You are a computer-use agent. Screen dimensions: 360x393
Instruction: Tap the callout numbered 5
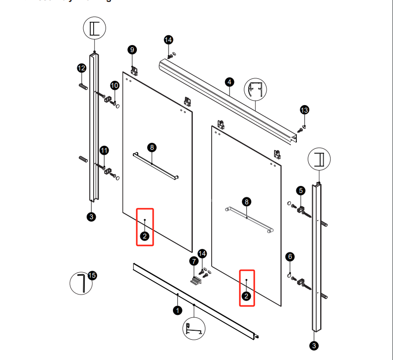(300, 190)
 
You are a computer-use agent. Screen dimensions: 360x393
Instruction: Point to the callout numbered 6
(290, 256)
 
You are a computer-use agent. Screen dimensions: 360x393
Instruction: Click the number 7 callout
(193, 261)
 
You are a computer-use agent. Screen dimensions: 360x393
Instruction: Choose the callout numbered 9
(132, 50)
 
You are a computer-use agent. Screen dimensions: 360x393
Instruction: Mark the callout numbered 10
(114, 85)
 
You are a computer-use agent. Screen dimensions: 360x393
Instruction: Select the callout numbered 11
(104, 150)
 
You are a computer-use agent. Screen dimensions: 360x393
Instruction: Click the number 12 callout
(81, 68)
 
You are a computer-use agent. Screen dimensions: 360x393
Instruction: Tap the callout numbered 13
(304, 110)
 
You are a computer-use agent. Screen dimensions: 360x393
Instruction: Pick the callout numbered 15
(92, 275)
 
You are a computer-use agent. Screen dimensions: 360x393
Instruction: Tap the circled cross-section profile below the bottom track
(194, 329)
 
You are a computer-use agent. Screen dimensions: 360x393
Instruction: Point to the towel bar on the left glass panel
(155, 166)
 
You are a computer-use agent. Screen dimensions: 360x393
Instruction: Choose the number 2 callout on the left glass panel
(144, 236)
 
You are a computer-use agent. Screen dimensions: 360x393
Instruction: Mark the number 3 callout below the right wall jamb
(314, 345)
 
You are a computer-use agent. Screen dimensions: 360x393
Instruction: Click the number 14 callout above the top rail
(168, 40)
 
